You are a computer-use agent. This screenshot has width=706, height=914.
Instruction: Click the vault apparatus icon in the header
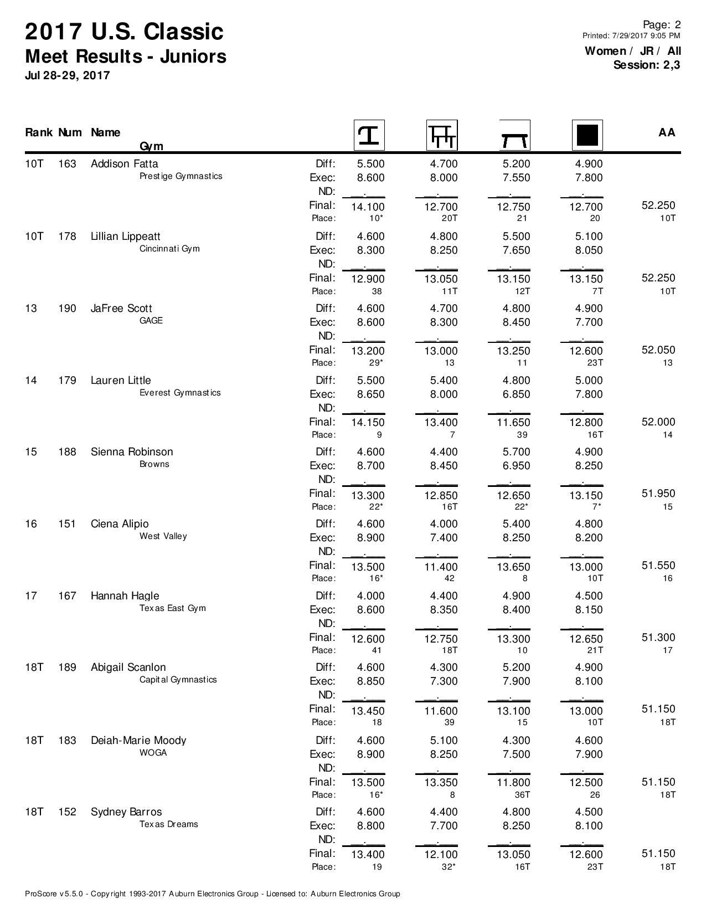369,135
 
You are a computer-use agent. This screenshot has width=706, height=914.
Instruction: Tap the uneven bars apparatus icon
442,135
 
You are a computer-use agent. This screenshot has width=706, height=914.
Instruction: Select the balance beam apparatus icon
514,136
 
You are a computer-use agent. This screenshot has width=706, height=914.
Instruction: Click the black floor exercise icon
587,135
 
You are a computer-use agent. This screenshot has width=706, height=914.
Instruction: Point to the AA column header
667,132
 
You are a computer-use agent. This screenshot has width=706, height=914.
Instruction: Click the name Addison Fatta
124,163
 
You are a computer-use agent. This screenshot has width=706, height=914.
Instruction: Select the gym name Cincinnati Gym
169,249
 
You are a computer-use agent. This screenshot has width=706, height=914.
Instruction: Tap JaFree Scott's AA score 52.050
658,350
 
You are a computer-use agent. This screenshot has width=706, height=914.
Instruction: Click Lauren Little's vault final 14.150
368,423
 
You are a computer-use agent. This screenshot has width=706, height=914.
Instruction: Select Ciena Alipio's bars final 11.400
441,567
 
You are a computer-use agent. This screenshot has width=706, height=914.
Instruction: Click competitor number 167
67,596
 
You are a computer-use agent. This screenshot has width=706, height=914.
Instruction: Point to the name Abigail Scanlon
128,667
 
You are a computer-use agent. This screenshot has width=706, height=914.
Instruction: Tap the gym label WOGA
153,753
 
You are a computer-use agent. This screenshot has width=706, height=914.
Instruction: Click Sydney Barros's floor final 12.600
586,855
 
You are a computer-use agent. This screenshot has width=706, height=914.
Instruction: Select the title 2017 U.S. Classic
124,32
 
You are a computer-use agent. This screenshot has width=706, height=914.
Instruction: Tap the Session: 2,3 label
646,65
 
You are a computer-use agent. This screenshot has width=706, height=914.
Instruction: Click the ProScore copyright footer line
212,894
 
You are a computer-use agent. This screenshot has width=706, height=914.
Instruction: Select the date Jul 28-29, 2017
67,75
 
